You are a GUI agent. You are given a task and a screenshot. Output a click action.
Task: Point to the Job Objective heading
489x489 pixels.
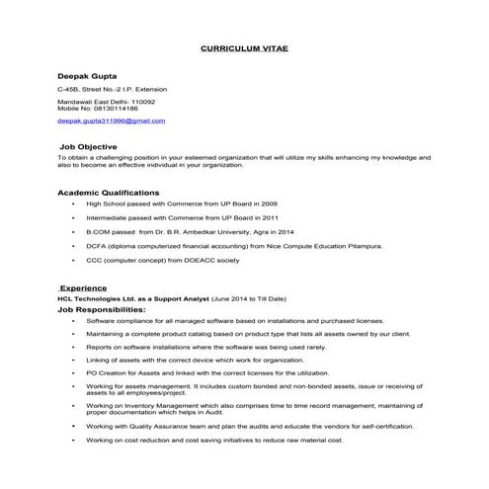point(88,145)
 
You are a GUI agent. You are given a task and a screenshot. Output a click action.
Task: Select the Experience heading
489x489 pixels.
point(83,287)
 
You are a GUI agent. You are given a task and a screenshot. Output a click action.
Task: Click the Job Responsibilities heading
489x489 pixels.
point(102,310)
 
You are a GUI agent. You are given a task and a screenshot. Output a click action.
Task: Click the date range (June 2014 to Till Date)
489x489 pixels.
point(247,297)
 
